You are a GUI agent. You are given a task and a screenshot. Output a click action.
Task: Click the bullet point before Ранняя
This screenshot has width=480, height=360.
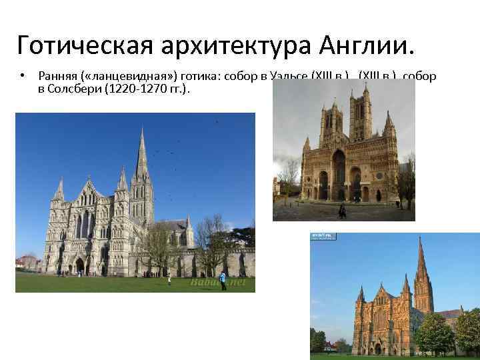click(21, 77)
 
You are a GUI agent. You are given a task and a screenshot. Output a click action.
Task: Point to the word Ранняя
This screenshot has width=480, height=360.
click(54, 77)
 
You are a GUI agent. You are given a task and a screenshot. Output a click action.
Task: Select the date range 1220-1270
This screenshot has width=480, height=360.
click(143, 89)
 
